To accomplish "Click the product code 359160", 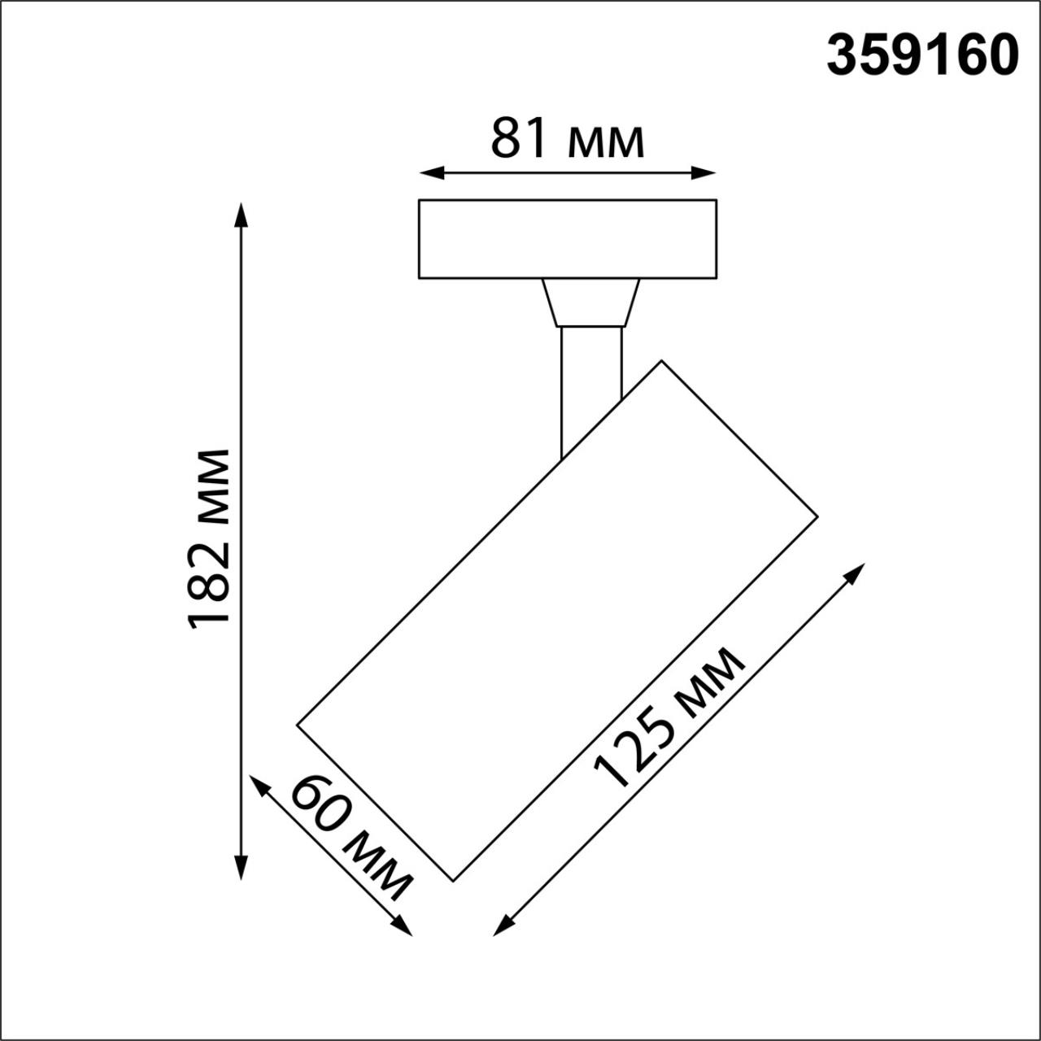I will [922, 56].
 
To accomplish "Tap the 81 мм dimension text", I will [567, 140].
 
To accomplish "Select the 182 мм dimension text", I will [209, 538].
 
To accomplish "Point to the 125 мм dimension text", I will [669, 718].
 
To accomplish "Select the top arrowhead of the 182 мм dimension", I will [240, 214].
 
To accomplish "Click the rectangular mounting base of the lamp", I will [567, 239].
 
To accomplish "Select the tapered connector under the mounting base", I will [591, 303].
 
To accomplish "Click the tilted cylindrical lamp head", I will [557, 621].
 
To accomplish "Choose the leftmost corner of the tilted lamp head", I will [298, 723].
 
